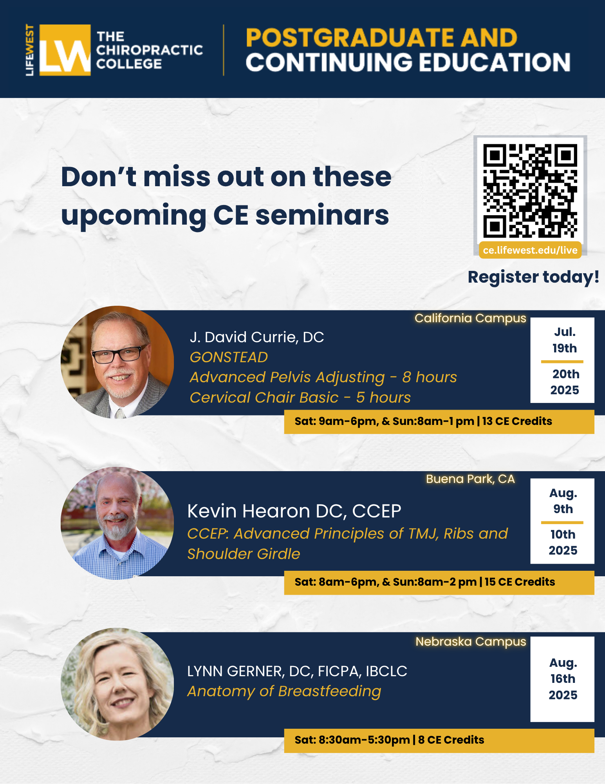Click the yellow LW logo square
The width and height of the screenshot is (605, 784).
[65, 50]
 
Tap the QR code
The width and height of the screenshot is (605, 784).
[530, 191]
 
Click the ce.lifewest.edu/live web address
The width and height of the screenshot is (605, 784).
[530, 250]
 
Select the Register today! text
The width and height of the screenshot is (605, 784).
[533, 277]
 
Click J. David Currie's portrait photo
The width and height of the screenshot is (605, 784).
[117, 362]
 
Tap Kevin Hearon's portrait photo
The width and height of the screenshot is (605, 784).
[117, 523]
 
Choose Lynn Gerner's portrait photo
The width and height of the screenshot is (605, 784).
[117, 684]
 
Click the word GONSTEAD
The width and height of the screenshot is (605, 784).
[229, 357]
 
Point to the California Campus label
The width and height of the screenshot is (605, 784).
[470, 318]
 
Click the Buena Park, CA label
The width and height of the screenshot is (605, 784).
[470, 479]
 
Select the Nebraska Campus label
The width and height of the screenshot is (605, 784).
[471, 641]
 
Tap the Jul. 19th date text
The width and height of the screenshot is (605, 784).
[565, 340]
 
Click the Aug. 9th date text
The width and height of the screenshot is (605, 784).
[563, 501]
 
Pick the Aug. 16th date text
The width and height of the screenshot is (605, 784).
[563, 670]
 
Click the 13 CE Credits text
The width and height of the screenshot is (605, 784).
[517, 421]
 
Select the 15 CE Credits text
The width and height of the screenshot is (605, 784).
[520, 582]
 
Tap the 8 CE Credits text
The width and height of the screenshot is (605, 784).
[451, 740]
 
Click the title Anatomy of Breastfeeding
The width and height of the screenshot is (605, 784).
[284, 691]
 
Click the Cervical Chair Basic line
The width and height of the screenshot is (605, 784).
[300, 397]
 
